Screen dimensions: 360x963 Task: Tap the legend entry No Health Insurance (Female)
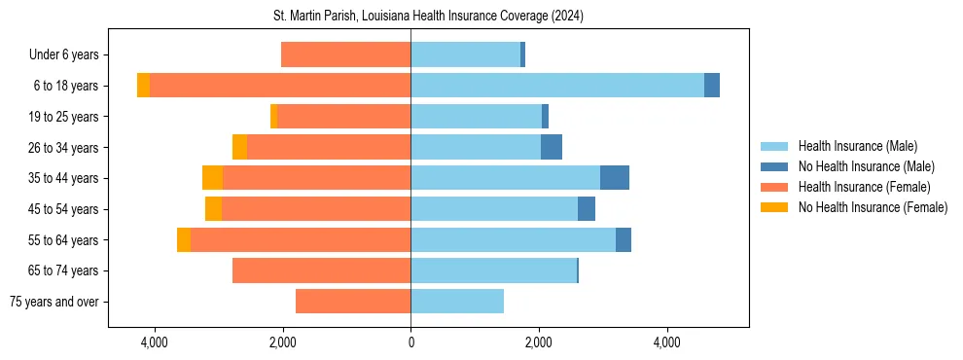[x=873, y=207]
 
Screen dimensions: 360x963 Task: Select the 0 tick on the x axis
[x=410, y=342]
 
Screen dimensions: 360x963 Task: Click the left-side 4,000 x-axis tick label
[x=155, y=342]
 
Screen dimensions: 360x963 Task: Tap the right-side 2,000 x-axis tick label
[x=539, y=342]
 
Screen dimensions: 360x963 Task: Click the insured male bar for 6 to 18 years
[x=557, y=86]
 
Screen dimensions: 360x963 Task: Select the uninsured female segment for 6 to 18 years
[x=143, y=86]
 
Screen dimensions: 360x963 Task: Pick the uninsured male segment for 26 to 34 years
[x=552, y=147]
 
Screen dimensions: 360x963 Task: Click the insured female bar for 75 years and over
[x=353, y=302]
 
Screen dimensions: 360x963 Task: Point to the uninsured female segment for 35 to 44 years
[x=212, y=178]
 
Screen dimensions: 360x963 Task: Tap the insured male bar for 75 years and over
[x=457, y=302]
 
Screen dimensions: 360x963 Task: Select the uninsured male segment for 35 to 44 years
[x=615, y=178]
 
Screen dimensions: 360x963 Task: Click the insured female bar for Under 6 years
[x=345, y=55]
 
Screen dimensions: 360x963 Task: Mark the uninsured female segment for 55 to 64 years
[x=184, y=239]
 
